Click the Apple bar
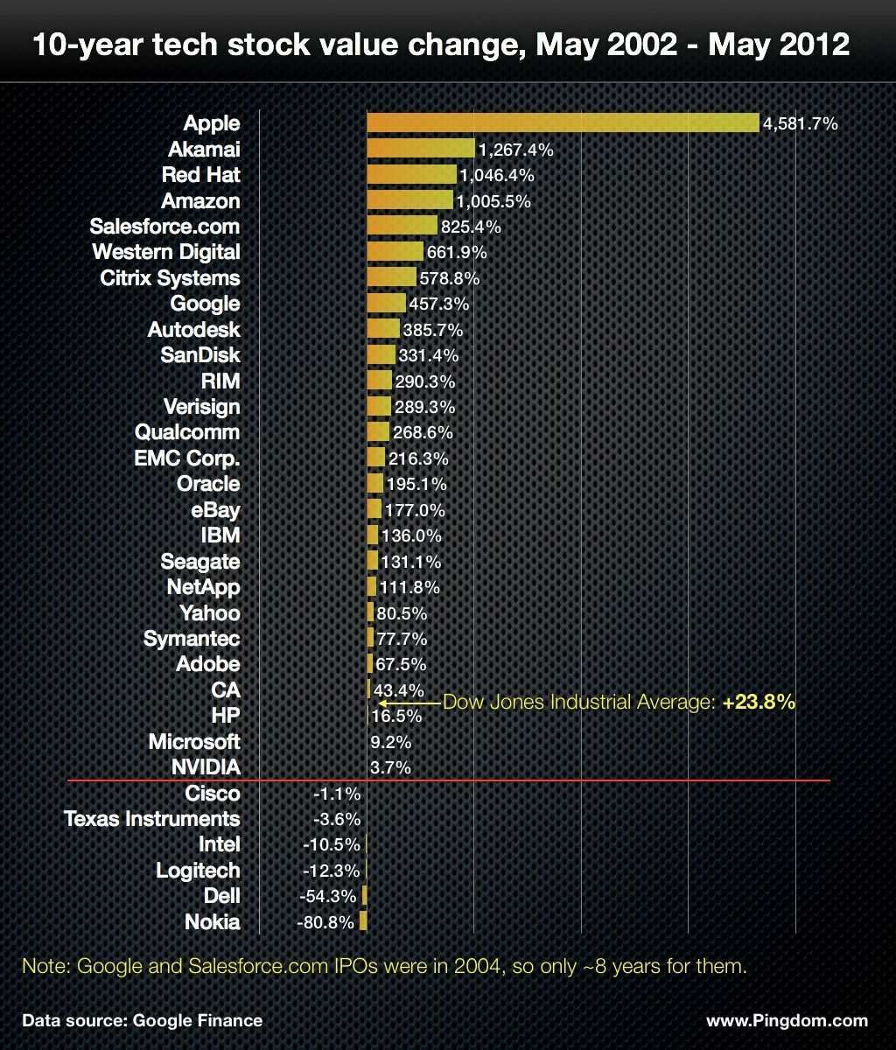pos(563,122)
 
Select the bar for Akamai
pos(420,149)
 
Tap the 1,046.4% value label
pos(496,175)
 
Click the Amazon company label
pos(200,200)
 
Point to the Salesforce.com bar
pos(402,227)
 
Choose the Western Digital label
pos(166,252)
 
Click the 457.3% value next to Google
pos(439,304)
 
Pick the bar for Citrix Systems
pos(391,278)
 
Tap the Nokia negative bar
pos(363,922)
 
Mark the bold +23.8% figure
pos(759,702)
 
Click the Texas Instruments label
pos(151,819)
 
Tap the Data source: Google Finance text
pos(142,1020)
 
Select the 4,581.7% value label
pos(801,123)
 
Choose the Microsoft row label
pos(194,742)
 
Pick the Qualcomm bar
pos(378,432)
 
